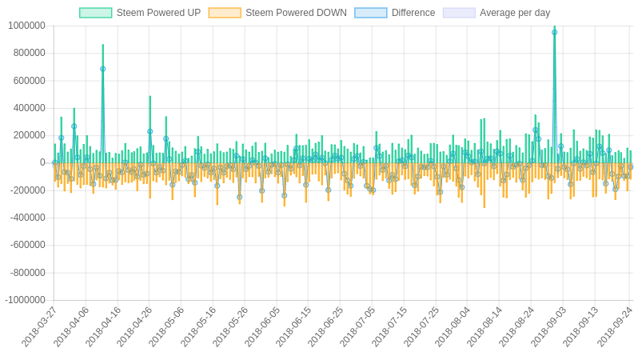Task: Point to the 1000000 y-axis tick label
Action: (x=26, y=26)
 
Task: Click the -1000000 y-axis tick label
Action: (x=25, y=300)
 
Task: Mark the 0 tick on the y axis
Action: (x=42, y=162)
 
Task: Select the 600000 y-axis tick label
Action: (x=29, y=80)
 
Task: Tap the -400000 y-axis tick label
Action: (x=27, y=218)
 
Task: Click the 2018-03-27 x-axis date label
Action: (x=40, y=326)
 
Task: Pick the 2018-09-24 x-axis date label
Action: (x=616, y=326)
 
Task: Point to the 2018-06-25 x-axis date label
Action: (x=326, y=326)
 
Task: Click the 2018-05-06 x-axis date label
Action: (x=167, y=326)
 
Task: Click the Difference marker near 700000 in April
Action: (x=102, y=69)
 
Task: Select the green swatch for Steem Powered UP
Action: (x=95, y=13)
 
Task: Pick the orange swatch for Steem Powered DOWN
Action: (x=225, y=13)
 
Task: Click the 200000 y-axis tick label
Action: (x=29, y=135)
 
